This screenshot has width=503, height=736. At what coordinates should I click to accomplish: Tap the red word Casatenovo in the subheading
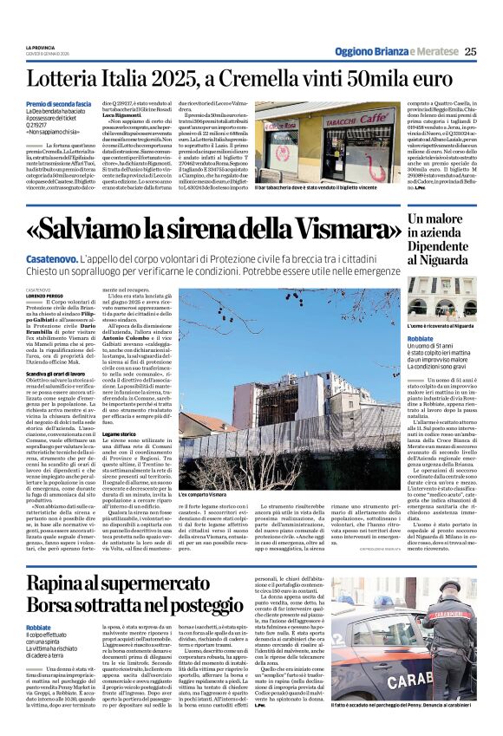pyautogui.click(x=52, y=259)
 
